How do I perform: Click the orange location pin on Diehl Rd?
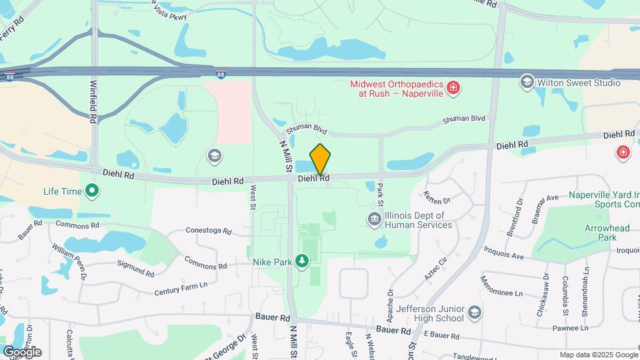click(320, 159)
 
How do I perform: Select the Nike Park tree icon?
click(303, 261)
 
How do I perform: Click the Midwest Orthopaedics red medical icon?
click(453, 88)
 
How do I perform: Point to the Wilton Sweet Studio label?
click(579, 83)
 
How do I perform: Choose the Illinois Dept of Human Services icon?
click(374, 218)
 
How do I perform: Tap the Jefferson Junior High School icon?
click(474, 312)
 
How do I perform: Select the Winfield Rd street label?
click(93, 100)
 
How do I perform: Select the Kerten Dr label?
click(437, 198)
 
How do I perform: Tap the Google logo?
click(21, 352)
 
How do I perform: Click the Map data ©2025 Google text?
click(598, 355)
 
